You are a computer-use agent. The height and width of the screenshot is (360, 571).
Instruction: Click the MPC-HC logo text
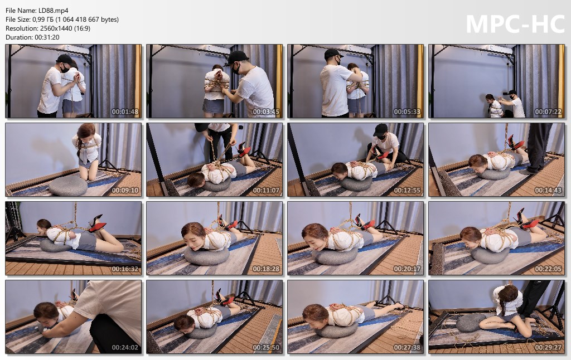click(x=515, y=25)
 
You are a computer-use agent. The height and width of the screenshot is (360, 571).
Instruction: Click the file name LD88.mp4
click(x=53, y=11)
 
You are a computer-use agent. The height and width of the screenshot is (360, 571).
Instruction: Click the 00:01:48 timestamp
click(x=125, y=112)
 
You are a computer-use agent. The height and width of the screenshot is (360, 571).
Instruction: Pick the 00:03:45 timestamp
click(x=266, y=112)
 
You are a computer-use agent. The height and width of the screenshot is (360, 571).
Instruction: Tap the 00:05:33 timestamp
click(x=407, y=112)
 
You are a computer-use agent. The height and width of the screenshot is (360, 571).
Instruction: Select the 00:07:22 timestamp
click(x=548, y=112)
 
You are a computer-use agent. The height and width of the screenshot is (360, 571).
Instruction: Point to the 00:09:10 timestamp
click(x=125, y=191)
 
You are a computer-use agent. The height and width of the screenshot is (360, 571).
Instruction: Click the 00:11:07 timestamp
click(x=266, y=191)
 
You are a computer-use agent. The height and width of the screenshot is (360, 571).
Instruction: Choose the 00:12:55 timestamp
click(x=407, y=191)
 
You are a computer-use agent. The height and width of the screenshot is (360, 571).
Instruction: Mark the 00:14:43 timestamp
click(x=548, y=191)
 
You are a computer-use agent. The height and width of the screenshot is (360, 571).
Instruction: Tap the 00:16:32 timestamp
click(x=125, y=269)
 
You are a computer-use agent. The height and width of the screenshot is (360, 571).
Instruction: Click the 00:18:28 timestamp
click(x=266, y=269)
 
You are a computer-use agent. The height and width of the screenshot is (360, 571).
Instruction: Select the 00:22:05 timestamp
click(x=548, y=269)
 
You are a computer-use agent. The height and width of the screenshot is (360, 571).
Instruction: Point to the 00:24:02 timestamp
click(x=125, y=348)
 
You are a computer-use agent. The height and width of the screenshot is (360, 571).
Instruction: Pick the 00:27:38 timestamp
click(x=407, y=348)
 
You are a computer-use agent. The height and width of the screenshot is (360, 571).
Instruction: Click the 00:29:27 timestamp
click(x=548, y=348)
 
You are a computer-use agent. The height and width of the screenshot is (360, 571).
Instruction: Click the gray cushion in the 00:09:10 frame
click(x=68, y=186)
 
